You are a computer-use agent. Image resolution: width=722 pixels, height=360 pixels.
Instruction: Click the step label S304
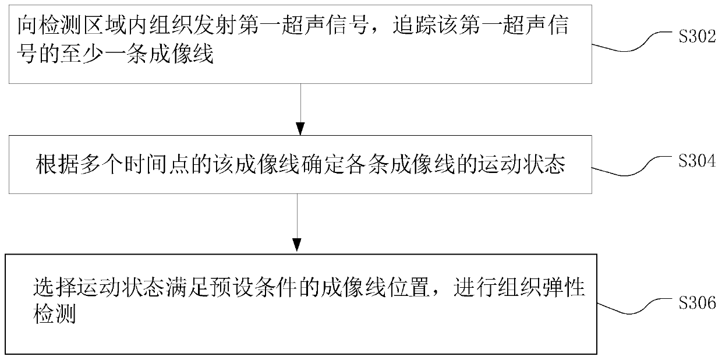(697, 163)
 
